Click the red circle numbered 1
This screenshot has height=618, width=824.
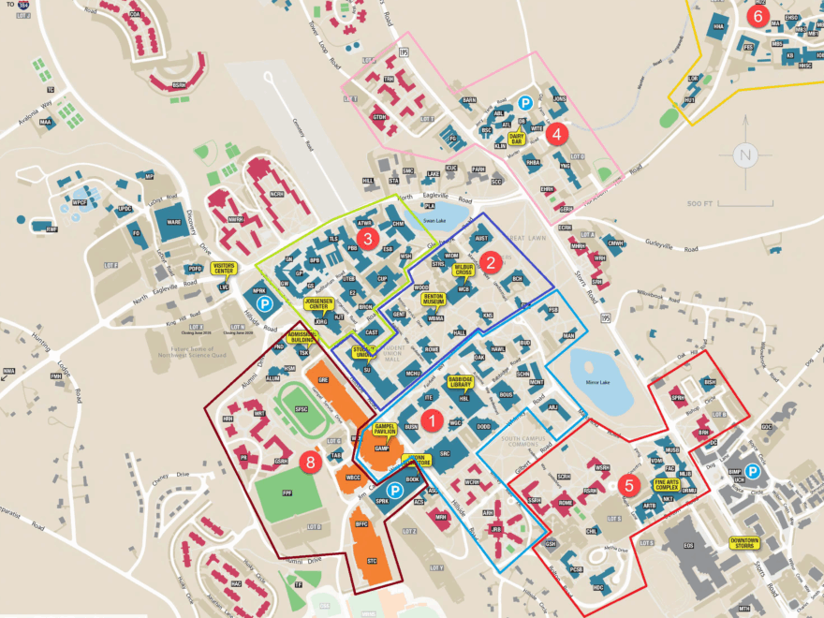[x=432, y=420]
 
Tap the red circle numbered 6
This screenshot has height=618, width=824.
[x=758, y=16]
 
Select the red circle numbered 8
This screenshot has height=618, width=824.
[x=311, y=461]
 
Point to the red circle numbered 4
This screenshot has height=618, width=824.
[x=556, y=133]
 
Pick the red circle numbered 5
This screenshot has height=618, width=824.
[x=629, y=485]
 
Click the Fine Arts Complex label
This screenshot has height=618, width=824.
[x=667, y=484]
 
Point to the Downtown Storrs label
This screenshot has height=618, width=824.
[x=745, y=542]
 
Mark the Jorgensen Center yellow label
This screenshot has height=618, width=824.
[x=319, y=303]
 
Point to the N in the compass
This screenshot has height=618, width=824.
[x=744, y=154]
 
